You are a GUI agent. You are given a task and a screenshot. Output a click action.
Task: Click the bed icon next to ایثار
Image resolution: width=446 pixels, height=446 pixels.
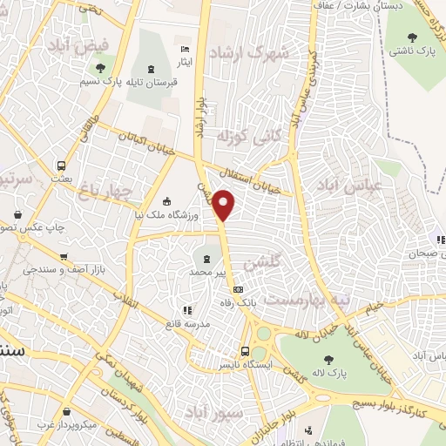(183, 49)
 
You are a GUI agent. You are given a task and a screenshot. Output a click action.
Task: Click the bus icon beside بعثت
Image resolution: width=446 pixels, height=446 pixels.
(61, 166)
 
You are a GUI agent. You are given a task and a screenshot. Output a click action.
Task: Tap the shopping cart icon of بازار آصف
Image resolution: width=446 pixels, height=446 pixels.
(63, 257)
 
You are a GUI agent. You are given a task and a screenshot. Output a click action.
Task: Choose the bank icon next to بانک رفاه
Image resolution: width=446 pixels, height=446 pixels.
(239, 290)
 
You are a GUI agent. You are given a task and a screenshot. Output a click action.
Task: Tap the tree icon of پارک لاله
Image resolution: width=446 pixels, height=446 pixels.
(328, 359)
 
